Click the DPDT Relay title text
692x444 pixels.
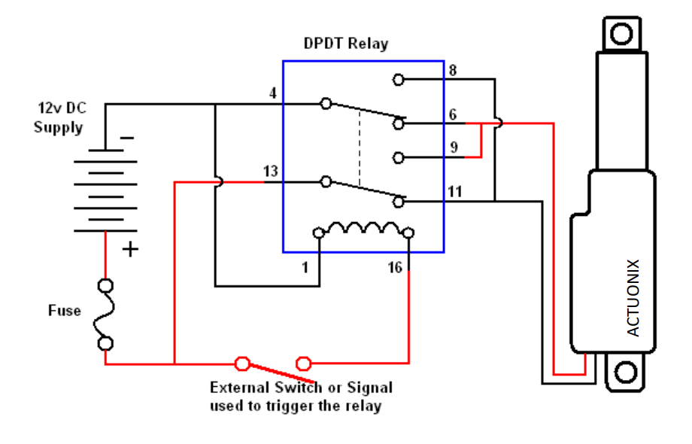pyautogui.click(x=346, y=43)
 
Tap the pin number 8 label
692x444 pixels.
pyautogui.click(x=453, y=70)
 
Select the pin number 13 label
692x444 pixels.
pyautogui.click(x=271, y=171)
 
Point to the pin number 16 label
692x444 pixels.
pyautogui.click(x=395, y=267)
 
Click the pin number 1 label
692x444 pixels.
pyautogui.click(x=305, y=267)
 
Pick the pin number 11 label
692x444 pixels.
pyautogui.click(x=455, y=191)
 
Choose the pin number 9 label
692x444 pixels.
pyautogui.click(x=454, y=147)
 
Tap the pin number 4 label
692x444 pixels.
pyautogui.click(x=273, y=93)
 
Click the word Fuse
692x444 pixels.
pyautogui.click(x=65, y=310)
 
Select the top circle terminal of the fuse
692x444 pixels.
pyautogui.click(x=105, y=285)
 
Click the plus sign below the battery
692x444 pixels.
pyautogui.click(x=130, y=249)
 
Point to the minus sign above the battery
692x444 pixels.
pyautogui.click(x=127, y=138)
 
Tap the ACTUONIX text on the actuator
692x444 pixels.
pyautogui.click(x=633, y=298)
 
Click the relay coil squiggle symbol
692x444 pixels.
pyautogui.click(x=363, y=228)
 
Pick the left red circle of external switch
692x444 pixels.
pyautogui.click(x=242, y=363)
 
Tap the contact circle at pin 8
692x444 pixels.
pyautogui.click(x=398, y=80)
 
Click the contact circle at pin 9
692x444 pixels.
pyautogui.click(x=398, y=157)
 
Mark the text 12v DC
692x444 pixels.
pyautogui.click(x=62, y=108)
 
